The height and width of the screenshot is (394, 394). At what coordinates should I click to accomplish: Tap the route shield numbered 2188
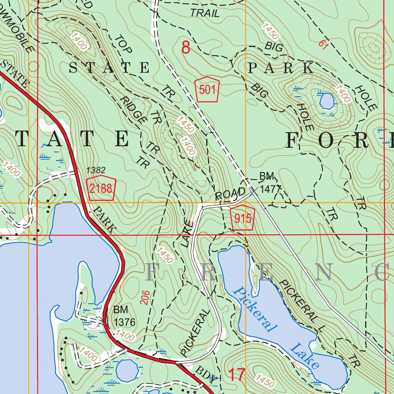coord(101,189)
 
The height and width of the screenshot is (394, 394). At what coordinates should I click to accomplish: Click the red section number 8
coord(186,48)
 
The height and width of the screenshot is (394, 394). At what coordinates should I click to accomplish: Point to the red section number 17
coord(237,375)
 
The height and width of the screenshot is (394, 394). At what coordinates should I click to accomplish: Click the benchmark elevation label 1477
coord(271,189)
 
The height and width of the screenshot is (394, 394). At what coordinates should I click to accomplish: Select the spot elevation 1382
coord(96,170)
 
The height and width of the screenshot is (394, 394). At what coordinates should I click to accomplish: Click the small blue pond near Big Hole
coord(327,101)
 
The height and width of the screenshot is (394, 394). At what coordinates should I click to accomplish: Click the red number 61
coord(323,44)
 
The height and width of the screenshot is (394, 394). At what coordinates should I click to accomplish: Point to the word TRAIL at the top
coord(205,13)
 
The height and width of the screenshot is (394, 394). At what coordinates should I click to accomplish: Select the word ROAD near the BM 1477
coord(230,194)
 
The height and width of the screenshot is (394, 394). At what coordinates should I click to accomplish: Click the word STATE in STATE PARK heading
coord(109,68)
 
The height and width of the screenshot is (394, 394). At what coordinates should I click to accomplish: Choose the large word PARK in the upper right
coord(281,68)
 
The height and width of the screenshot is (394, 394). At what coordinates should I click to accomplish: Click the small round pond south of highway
coord(127,370)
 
